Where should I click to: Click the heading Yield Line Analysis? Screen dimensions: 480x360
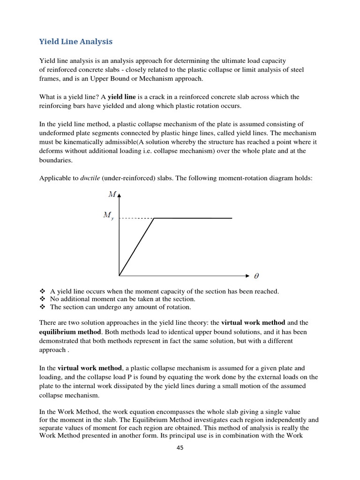click(x=75, y=42)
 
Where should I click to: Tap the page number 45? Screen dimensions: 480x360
click(x=180, y=448)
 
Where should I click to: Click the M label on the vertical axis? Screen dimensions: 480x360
click(x=112, y=194)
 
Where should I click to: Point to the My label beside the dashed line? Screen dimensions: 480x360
click(x=108, y=216)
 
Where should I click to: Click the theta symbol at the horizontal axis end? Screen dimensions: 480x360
click(x=256, y=276)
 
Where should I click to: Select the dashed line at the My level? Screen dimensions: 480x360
click(x=136, y=218)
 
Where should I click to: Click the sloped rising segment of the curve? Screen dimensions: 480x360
click(x=137, y=247)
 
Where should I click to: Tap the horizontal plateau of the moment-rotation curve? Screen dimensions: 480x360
click(x=193, y=218)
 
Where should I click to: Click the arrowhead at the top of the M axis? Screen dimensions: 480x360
click(x=120, y=194)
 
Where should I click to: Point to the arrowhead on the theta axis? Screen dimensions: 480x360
click(x=247, y=276)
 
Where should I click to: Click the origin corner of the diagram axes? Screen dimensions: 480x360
click(x=120, y=276)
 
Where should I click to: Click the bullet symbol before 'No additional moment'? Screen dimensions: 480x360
click(x=42, y=299)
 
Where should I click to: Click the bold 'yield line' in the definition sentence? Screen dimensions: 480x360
click(x=122, y=97)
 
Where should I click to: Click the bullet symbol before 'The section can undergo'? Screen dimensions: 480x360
click(x=42, y=307)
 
